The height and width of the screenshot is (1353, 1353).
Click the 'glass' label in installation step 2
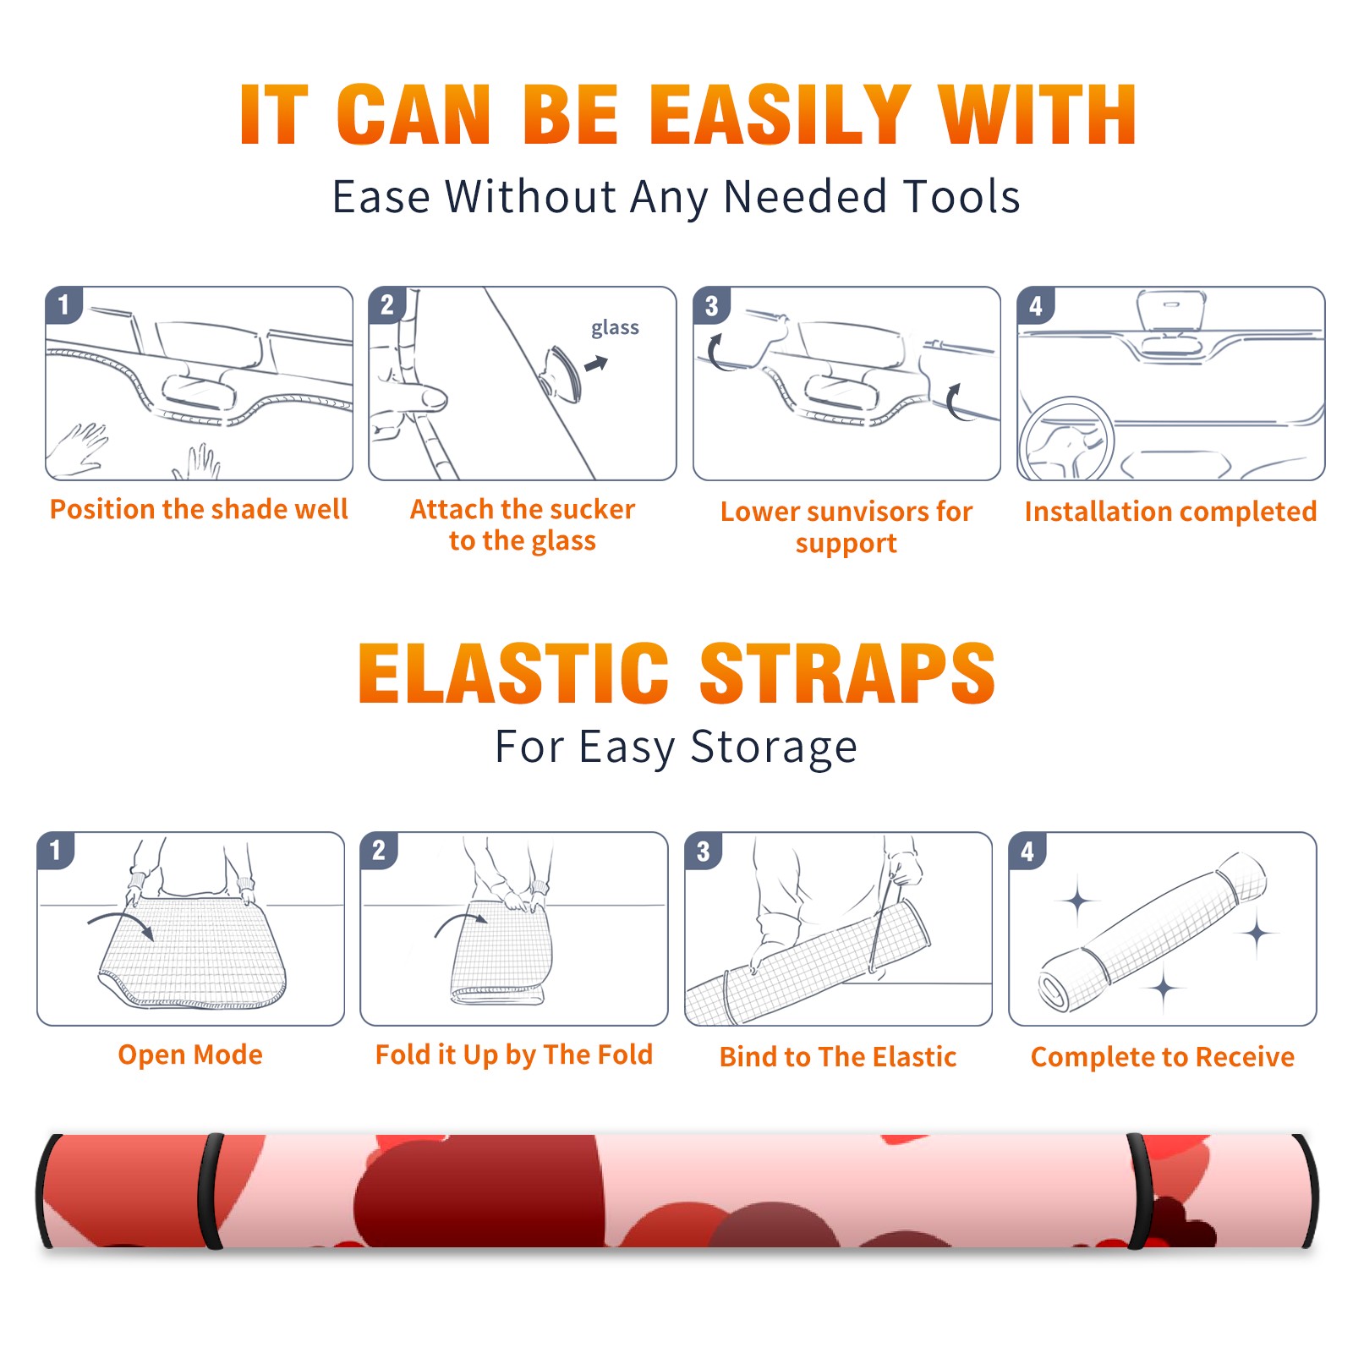click(x=615, y=328)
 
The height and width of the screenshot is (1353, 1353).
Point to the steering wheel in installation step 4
click(x=1065, y=439)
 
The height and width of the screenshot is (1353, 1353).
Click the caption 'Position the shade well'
click(x=199, y=509)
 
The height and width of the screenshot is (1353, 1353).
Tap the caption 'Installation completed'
click(x=1170, y=512)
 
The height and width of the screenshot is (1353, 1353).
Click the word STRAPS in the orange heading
click(x=847, y=673)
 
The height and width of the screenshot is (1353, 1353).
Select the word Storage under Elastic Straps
click(x=774, y=748)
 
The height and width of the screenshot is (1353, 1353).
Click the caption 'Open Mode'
click(x=190, y=1054)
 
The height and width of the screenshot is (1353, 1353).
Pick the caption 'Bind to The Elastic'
click(x=837, y=1057)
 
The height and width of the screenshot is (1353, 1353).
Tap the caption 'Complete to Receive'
click(x=1163, y=1057)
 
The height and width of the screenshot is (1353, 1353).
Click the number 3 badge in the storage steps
click(x=704, y=851)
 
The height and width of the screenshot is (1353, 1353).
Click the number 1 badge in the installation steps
click(x=64, y=304)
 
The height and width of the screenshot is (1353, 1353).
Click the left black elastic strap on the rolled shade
click(x=210, y=1191)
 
